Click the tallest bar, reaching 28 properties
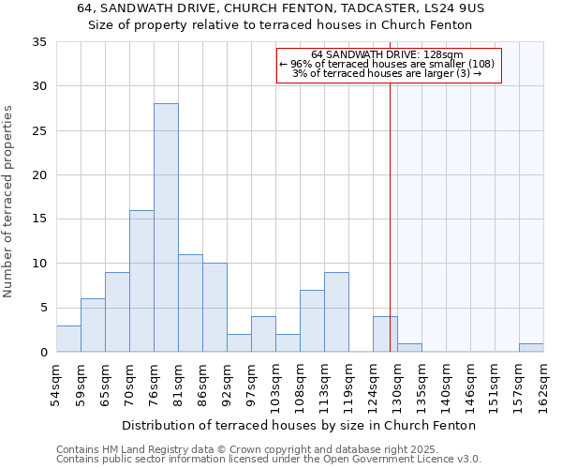pos(166,228)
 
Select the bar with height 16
pos(141,281)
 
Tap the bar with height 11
pos(190,303)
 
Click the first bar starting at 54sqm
pos(68,339)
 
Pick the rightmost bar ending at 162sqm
pos(531,348)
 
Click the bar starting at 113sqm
pos(336,312)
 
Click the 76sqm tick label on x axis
pos(155,384)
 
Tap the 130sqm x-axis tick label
pos(398,384)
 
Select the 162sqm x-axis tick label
pos(544,384)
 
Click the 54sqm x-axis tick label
pos(57,384)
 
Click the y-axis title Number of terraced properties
pos(8,202)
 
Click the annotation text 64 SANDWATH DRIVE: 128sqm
pos(388,55)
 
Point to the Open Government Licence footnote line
pos(268,460)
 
